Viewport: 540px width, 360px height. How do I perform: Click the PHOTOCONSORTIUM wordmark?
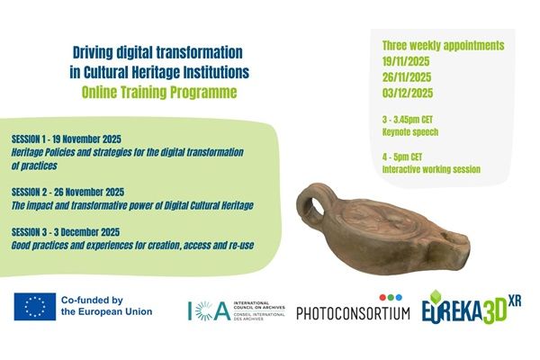tap(353, 311)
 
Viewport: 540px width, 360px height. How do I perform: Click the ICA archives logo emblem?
tap(208, 310)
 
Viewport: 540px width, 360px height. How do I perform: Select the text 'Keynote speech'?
tap(404, 130)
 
